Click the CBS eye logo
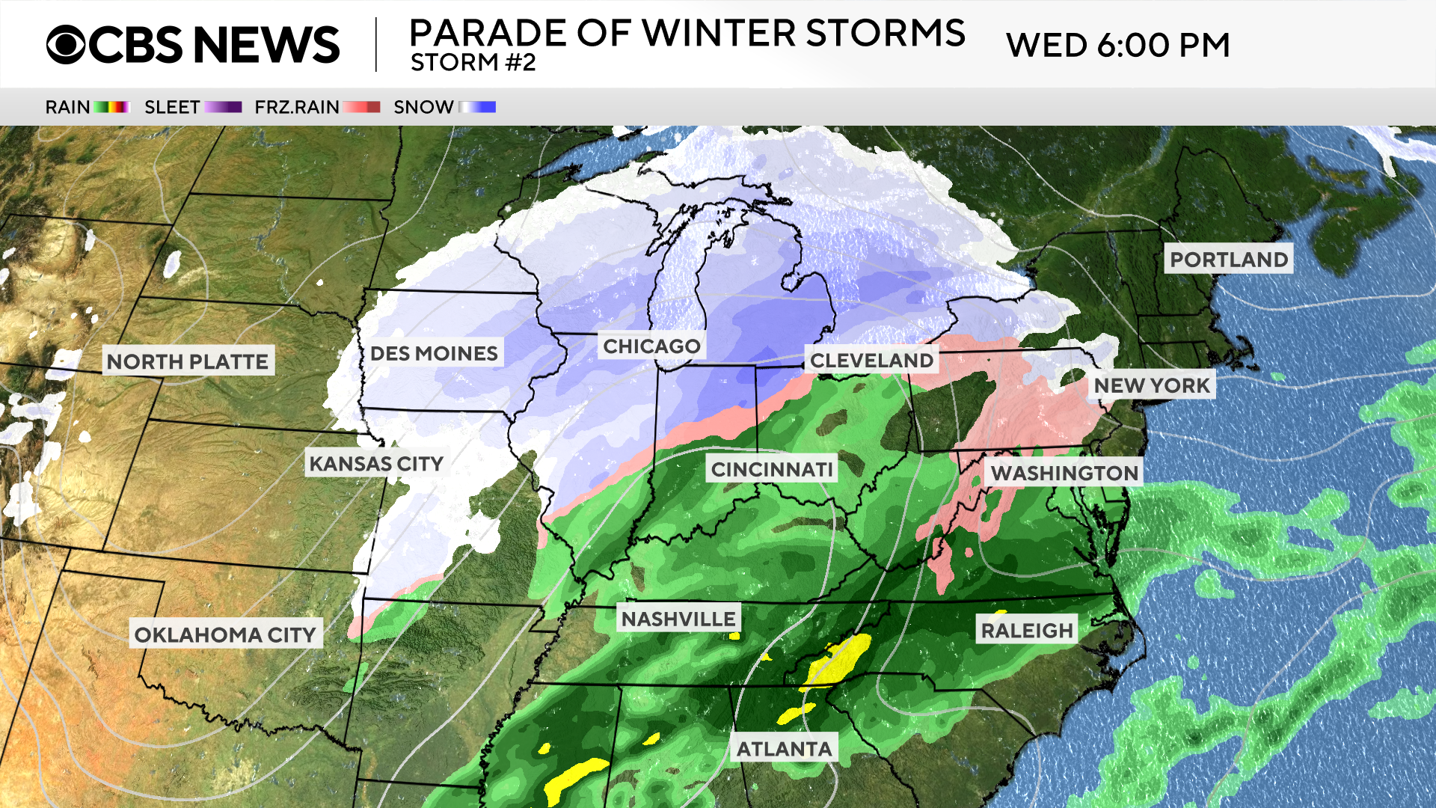click(x=66, y=45)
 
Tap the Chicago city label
click(x=651, y=346)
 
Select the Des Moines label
click(x=434, y=353)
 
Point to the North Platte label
click(x=188, y=361)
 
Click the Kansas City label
click(x=376, y=464)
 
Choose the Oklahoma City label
click(x=225, y=634)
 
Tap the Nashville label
click(x=678, y=619)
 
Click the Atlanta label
click(x=784, y=749)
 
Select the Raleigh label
click(x=1027, y=631)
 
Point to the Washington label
click(x=1064, y=473)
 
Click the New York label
click(x=1152, y=385)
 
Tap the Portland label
click(x=1229, y=260)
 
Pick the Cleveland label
click(x=871, y=361)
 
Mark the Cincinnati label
click(x=772, y=470)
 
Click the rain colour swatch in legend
click(x=112, y=107)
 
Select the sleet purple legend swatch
click(x=223, y=107)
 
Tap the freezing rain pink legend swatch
click(x=362, y=107)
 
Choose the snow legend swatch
click(x=477, y=107)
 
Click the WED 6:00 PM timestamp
click(x=1117, y=46)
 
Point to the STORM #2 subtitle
click(x=473, y=63)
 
